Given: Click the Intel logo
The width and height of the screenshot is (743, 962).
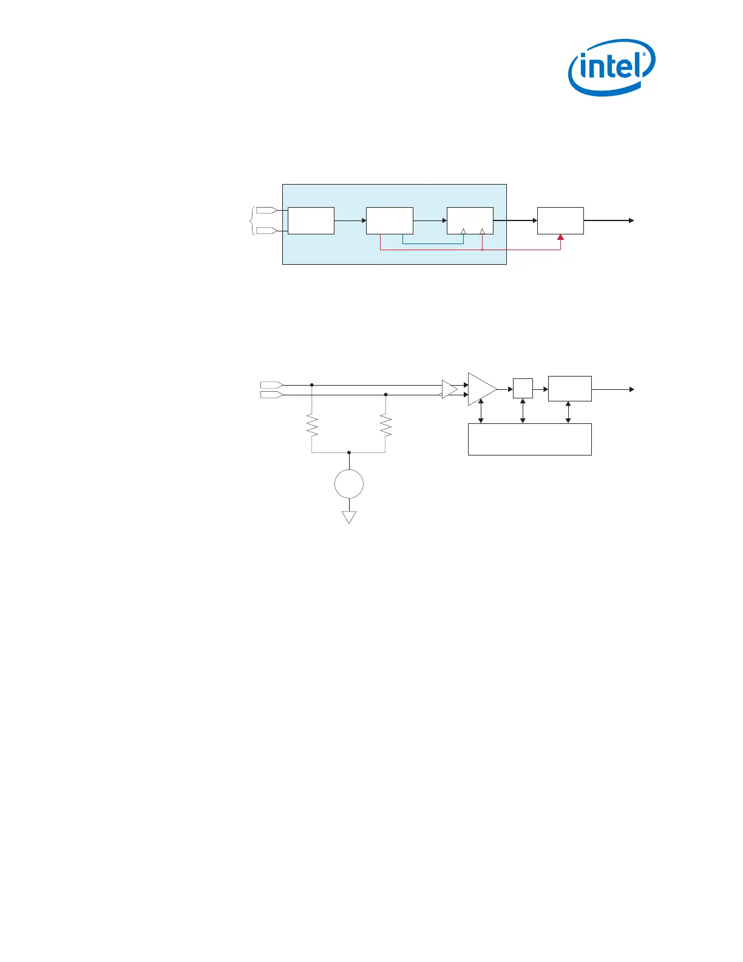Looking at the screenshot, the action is (611, 67).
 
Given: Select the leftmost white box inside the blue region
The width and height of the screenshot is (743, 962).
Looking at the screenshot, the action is (311, 220).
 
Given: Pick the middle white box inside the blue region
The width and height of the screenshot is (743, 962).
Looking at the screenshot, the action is (389, 220).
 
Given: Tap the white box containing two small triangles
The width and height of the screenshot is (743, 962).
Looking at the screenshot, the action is (470, 220).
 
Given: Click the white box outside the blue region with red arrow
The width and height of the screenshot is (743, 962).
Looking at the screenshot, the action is (560, 220).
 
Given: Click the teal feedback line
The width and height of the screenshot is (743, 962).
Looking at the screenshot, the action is (433, 244).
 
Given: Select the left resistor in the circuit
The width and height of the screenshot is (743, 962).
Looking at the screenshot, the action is (312, 425).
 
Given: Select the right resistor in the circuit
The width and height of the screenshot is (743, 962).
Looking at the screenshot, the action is (385, 425).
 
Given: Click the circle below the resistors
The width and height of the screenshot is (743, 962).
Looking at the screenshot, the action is (349, 485).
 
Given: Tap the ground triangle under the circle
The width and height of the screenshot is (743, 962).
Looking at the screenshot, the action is (349, 517).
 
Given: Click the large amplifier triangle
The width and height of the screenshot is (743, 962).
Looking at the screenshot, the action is (481, 389).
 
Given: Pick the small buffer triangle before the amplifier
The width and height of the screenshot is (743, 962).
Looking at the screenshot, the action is (449, 389).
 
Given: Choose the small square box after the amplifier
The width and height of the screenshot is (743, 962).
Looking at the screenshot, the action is (523, 388).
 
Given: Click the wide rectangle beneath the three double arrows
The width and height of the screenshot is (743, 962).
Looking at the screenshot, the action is (529, 439).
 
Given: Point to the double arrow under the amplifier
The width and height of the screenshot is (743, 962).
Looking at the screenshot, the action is (481, 412).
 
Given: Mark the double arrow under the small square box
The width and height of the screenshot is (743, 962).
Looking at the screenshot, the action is (523, 411).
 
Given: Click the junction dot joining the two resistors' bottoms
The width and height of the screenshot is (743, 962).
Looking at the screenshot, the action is (349, 452).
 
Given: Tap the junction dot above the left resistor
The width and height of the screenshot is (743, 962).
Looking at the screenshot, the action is (312, 385).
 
